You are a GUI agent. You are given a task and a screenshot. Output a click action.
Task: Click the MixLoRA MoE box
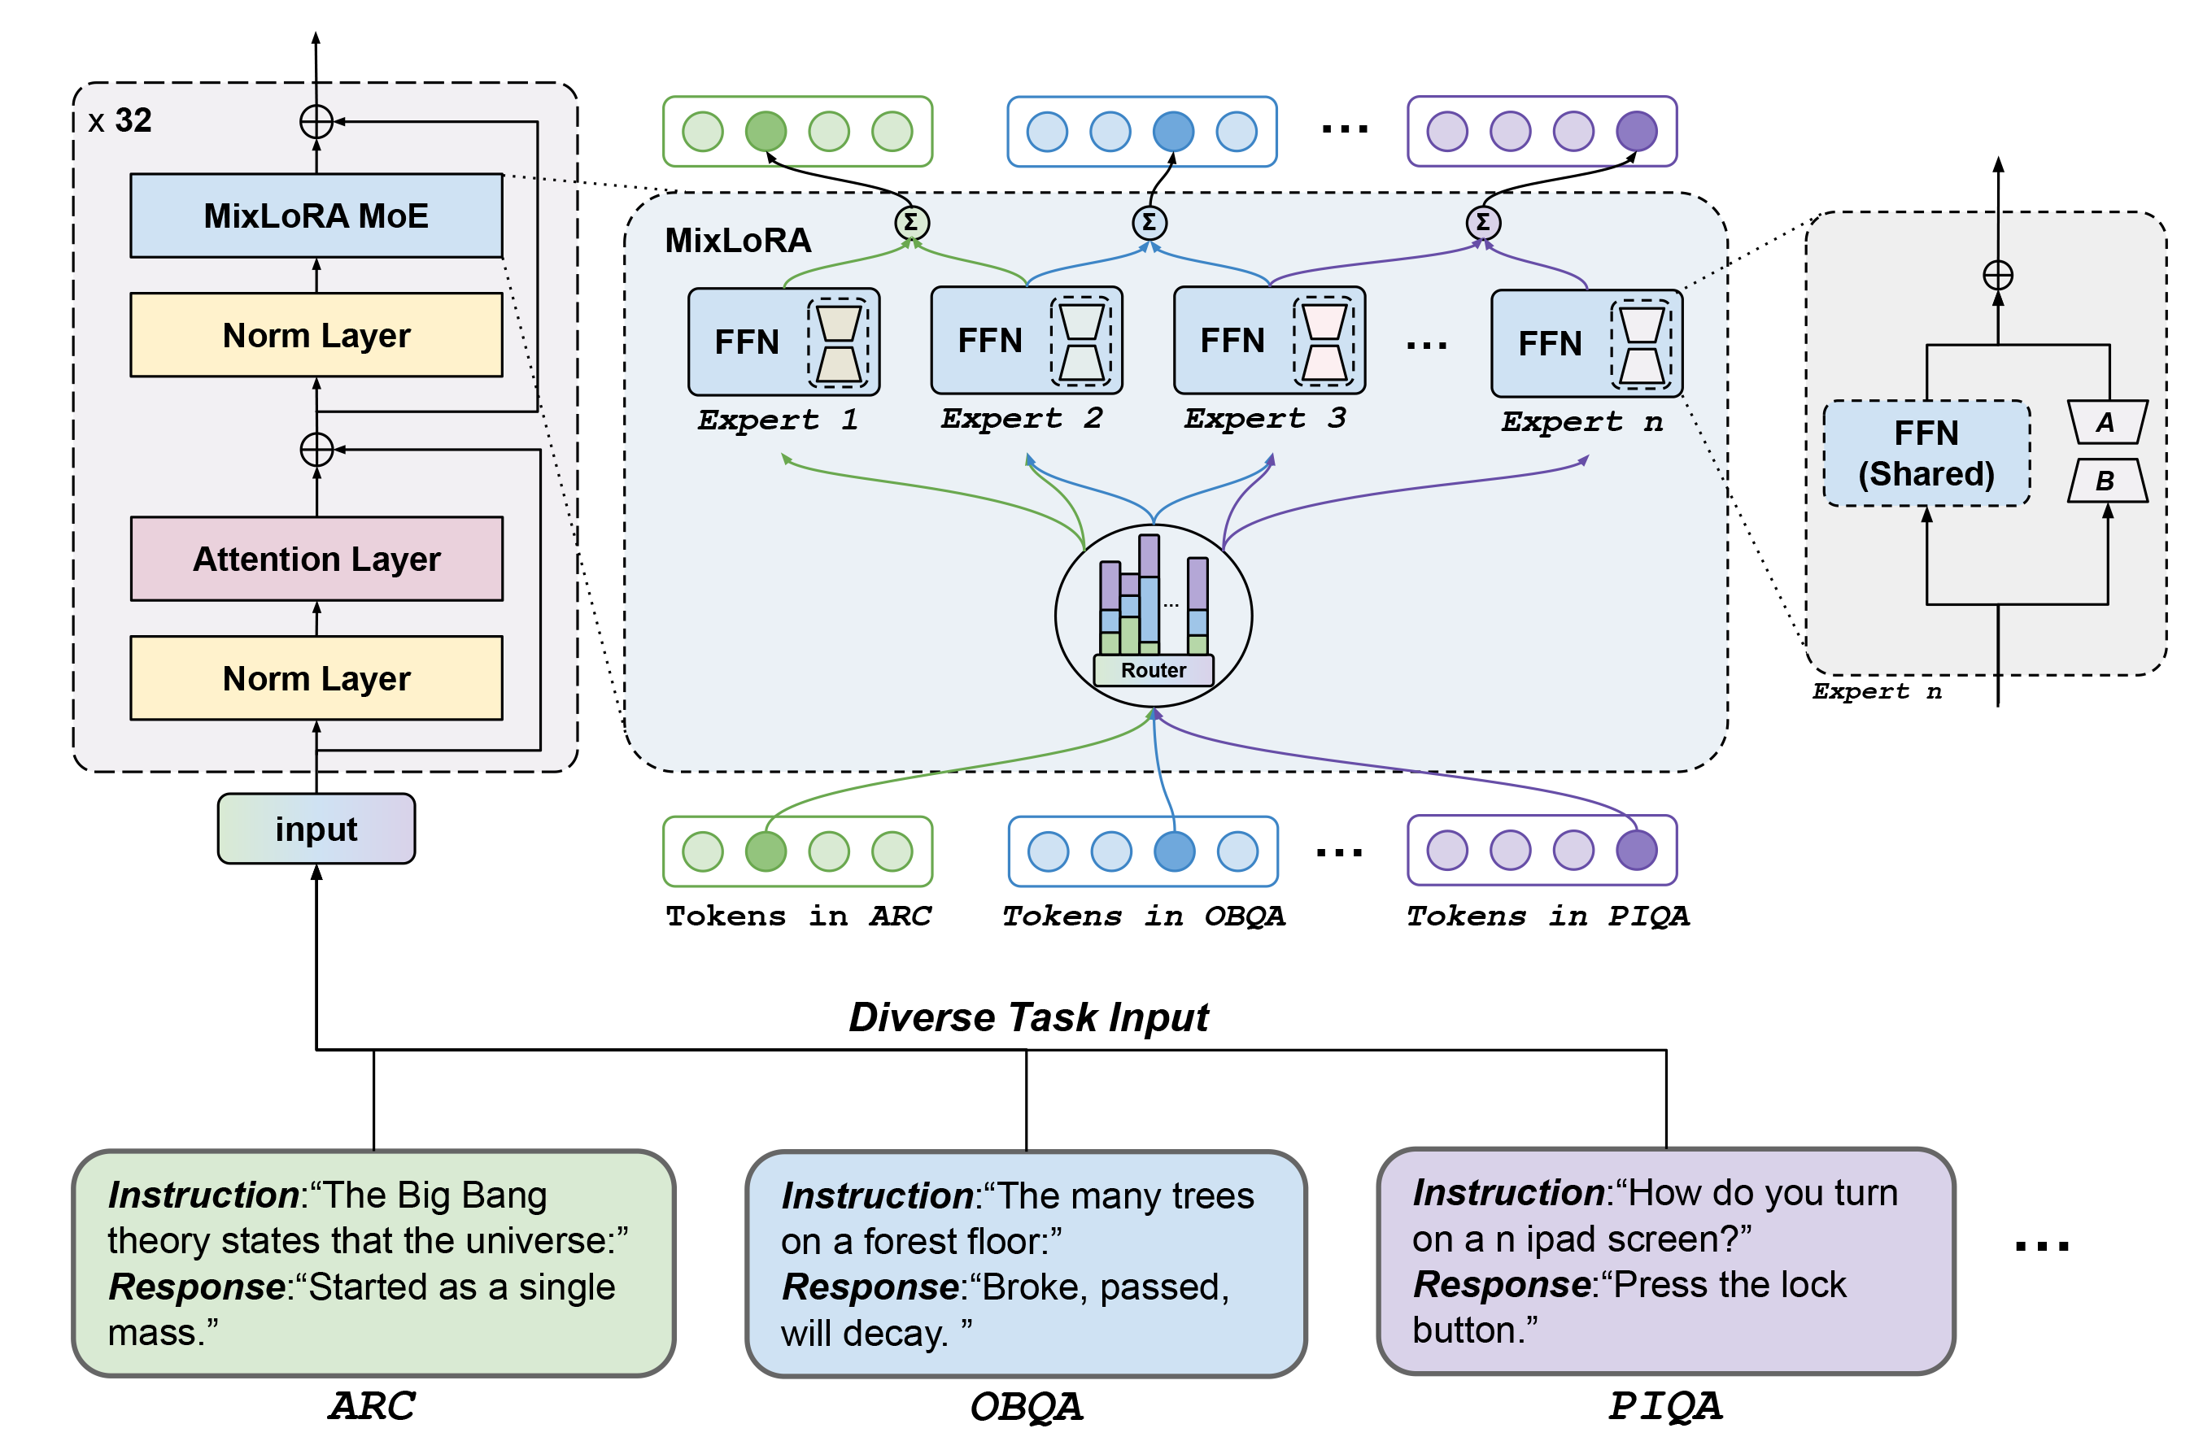pos(316,216)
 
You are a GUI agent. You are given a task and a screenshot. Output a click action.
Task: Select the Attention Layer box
pos(316,559)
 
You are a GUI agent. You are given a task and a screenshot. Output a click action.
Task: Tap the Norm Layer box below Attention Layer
pos(316,678)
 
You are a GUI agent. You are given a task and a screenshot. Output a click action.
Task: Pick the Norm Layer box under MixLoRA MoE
pos(316,335)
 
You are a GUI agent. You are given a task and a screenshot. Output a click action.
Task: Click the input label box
pos(316,829)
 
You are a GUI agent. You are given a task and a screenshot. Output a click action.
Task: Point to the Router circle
pos(1154,616)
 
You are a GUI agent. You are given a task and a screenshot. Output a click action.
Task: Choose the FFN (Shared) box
pos(1926,454)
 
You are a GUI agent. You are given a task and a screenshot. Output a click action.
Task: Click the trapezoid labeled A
pos(2107,422)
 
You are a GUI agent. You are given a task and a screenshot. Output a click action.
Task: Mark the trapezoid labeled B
pos(2107,481)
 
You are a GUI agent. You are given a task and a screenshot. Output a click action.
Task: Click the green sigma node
pos(911,222)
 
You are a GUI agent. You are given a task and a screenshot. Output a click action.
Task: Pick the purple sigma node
pos(1483,222)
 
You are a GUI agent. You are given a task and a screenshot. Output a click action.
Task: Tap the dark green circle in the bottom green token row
pos(766,851)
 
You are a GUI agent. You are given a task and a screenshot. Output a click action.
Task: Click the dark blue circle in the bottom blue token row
pos(1174,851)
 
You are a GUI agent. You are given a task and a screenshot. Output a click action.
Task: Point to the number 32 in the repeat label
pos(133,120)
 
